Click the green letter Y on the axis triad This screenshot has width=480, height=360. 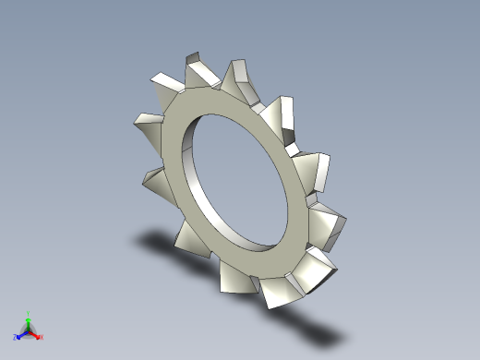point(29,313)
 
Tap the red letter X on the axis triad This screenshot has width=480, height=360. point(42,337)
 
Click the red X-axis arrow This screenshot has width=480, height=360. point(36,334)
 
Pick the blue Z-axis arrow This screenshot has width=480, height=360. point(21,333)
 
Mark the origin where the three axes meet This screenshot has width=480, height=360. point(29,330)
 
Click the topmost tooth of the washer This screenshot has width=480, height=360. point(198,70)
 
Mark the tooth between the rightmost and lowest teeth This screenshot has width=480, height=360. point(315,268)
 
